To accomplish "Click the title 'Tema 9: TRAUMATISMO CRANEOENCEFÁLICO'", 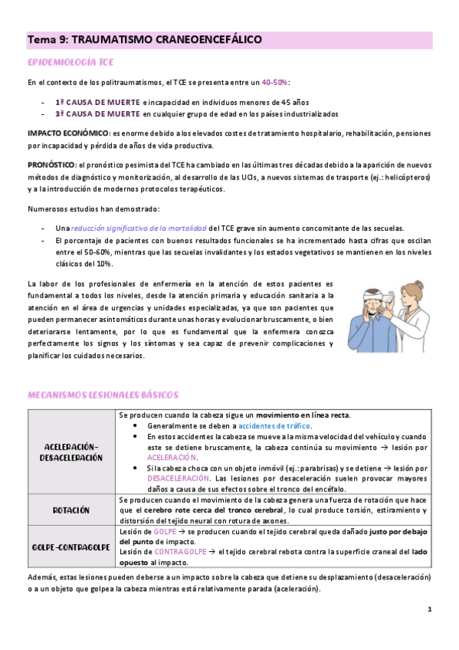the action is pos(145,39).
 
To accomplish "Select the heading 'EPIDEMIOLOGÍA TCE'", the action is pos(64,61).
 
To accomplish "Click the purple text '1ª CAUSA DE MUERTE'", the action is pos(97,102).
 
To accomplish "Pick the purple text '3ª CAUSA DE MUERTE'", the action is pos(97,113).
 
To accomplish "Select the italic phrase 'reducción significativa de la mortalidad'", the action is pos(139,228).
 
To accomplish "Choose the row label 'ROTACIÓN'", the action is pos(71,510).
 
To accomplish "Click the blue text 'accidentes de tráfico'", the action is pos(274,425).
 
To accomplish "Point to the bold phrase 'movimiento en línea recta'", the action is pos(302,415).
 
